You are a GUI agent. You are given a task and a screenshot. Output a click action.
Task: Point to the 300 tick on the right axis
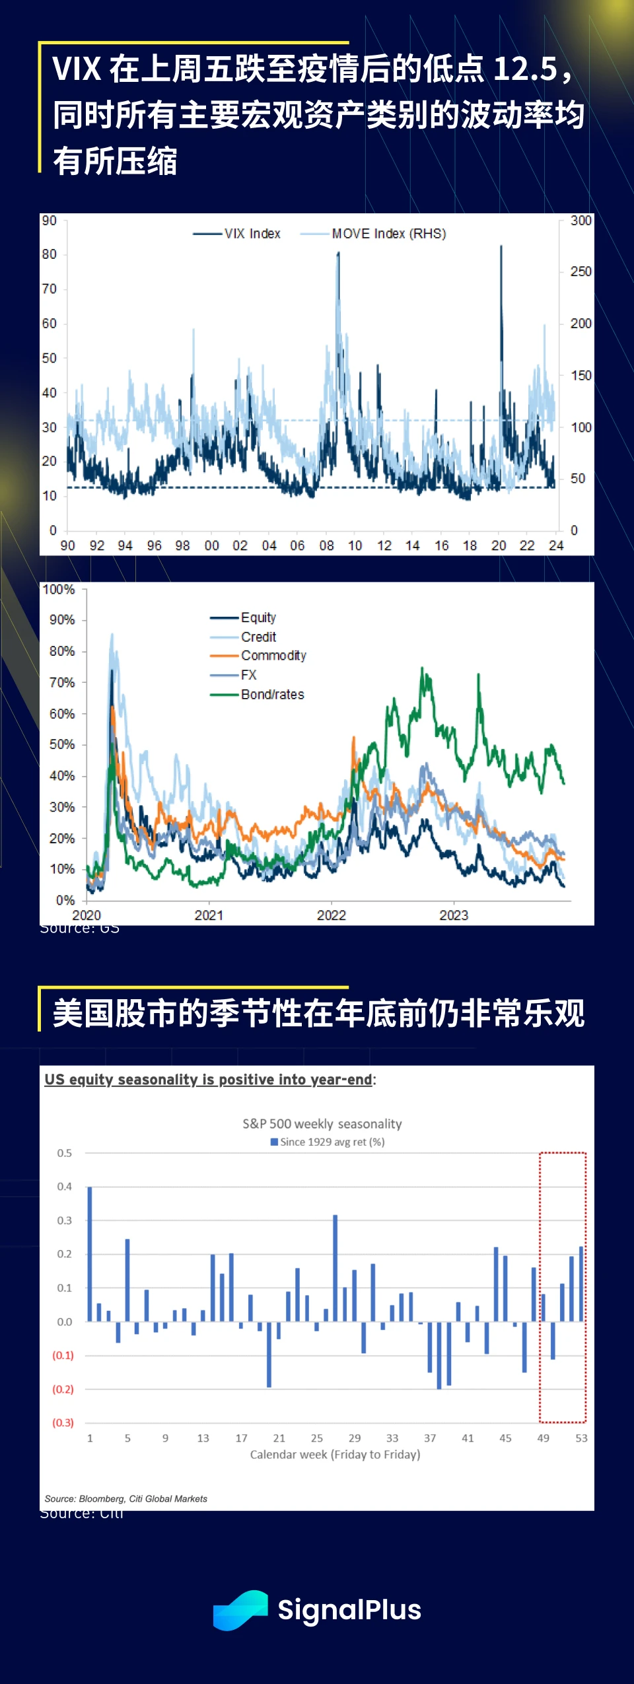click(x=581, y=221)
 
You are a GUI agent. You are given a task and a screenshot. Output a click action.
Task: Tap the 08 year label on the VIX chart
click(x=326, y=545)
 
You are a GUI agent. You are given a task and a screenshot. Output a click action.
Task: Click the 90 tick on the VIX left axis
click(x=50, y=221)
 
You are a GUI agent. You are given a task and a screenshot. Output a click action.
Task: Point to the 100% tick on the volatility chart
click(x=59, y=589)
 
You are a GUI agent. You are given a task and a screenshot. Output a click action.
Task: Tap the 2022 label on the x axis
click(x=331, y=915)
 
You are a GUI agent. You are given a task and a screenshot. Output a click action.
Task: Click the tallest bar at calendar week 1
click(x=90, y=1253)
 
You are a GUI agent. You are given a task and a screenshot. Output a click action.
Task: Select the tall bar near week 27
click(x=335, y=1268)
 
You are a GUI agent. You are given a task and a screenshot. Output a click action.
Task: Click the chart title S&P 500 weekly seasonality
click(x=322, y=1123)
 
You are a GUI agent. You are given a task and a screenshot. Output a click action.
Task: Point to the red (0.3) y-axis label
click(x=63, y=1422)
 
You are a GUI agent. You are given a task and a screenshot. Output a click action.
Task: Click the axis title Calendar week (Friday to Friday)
click(x=335, y=1454)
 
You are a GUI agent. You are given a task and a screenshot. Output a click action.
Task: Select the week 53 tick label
click(x=581, y=1438)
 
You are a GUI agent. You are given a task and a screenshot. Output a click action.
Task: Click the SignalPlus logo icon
click(x=240, y=1610)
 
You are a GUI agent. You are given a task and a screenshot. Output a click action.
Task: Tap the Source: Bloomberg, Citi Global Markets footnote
click(x=126, y=1498)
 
